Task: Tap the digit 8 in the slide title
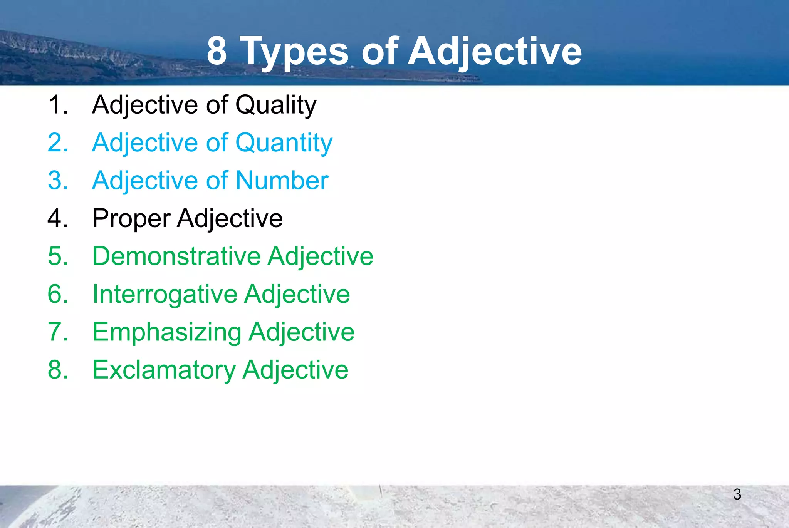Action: [217, 51]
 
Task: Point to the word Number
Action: [282, 181]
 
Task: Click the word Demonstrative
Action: [176, 256]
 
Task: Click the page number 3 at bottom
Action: [737, 494]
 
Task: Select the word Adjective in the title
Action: [495, 52]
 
